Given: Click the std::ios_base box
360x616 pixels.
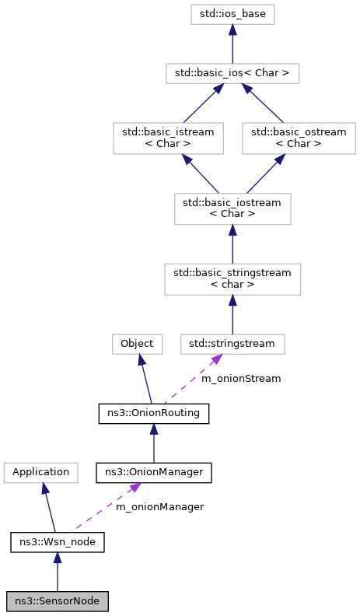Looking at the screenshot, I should coord(232,13).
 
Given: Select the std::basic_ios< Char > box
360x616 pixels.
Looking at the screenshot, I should coord(232,74).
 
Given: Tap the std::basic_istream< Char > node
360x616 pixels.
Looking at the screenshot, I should coord(168,138).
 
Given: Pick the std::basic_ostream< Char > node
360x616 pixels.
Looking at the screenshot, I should coord(299,138).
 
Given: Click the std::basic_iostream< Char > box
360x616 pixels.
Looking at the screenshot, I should coord(232,208).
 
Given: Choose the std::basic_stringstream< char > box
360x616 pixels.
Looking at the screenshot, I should coord(232,278).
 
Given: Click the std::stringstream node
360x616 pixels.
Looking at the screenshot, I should coord(232,343).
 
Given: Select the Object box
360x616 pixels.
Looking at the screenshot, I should coord(137,343).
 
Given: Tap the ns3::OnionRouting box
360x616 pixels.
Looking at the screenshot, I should coord(154,414).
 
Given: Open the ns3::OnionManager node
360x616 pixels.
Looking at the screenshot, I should coord(154,471).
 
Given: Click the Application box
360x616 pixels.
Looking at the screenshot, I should coord(40,471).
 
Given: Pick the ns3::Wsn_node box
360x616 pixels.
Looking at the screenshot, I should coord(57,542).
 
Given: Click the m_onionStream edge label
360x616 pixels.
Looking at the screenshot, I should coord(241,379).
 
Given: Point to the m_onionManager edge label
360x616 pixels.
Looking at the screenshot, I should coord(159,507).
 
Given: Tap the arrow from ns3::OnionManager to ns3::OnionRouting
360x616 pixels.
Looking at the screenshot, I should coord(154,443).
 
